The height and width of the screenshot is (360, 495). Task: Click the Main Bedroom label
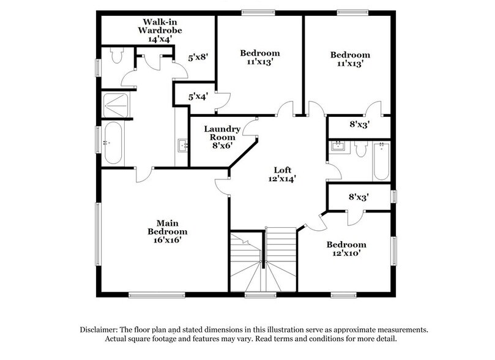click(x=167, y=227)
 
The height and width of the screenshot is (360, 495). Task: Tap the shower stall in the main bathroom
click(x=115, y=105)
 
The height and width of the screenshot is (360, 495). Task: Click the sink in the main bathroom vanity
click(x=182, y=146)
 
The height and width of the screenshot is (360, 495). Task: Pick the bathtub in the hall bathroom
click(x=381, y=160)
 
